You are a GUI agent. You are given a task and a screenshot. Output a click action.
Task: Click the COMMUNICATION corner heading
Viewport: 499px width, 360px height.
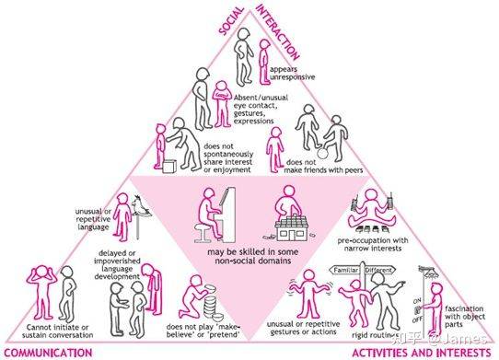coord(48,353)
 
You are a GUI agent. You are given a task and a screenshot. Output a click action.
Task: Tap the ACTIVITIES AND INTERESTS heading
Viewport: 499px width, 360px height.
coord(422,353)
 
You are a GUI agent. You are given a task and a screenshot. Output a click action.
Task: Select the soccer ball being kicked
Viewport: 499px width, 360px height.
coord(323,154)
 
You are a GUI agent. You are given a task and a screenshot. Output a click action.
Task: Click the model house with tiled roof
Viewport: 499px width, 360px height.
coord(292,228)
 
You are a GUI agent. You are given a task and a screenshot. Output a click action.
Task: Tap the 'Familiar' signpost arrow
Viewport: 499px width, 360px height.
coord(345,271)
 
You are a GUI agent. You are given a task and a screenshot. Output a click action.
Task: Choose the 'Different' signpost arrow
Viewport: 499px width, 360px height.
coord(379,270)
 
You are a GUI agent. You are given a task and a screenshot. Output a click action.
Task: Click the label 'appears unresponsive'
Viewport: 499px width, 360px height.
coord(292,73)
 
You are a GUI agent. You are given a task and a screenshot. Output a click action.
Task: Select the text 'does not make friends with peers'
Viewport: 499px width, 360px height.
coord(323,166)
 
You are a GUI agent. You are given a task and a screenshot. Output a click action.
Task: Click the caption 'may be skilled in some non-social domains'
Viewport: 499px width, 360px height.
coord(252,256)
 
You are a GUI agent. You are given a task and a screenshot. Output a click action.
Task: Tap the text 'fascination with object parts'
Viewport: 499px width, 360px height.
coord(465,317)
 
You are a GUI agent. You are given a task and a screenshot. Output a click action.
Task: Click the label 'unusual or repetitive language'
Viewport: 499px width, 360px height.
coord(93,219)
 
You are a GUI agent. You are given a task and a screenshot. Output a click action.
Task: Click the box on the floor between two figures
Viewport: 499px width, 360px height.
coord(169,166)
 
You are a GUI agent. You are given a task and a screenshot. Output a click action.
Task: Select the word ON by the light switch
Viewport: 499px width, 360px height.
coord(417,300)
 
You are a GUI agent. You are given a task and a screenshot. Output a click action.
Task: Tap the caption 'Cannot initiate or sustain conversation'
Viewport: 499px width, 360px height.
coord(58,331)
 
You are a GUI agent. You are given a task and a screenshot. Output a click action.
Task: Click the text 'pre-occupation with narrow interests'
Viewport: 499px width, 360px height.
coord(373,244)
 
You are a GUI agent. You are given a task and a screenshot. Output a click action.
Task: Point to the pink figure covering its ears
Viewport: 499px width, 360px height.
coord(41,291)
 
